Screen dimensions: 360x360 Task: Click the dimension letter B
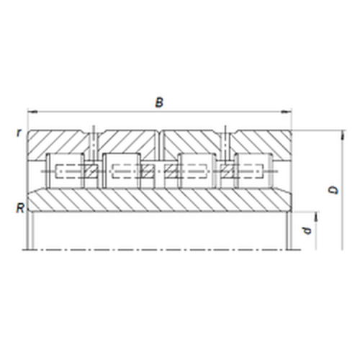159,102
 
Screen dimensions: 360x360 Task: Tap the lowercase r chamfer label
19,132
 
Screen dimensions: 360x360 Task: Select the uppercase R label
20,208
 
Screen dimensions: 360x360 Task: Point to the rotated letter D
333,190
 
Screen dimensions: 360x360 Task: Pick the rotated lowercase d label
307,230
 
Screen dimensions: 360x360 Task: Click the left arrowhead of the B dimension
32,112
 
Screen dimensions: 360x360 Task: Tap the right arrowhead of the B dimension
286,112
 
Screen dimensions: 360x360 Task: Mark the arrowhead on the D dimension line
343,135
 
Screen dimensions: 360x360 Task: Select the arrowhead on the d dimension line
316,217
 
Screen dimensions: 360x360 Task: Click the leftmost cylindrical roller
65,171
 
